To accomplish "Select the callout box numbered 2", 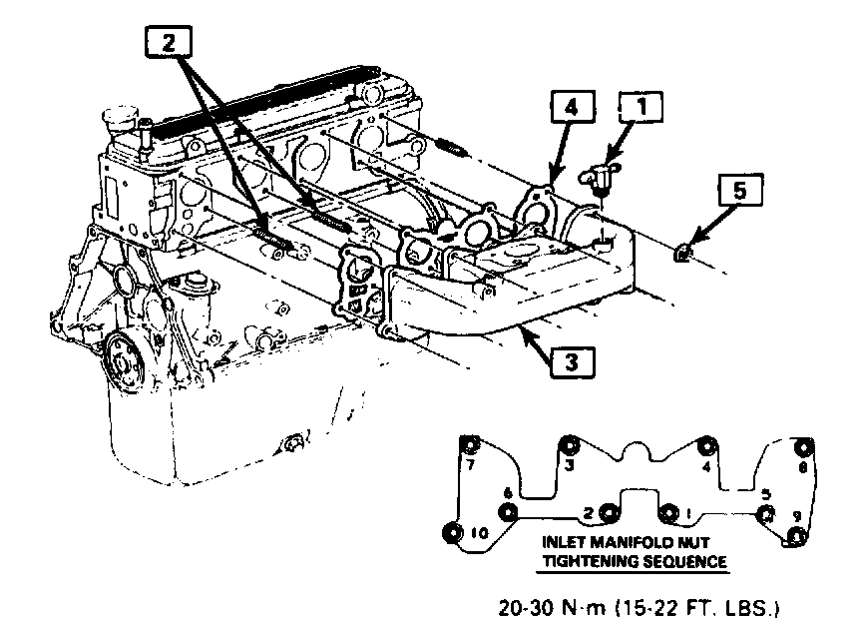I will coord(171,42).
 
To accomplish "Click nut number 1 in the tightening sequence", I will coord(668,515).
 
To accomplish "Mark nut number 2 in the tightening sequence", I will coord(608,513).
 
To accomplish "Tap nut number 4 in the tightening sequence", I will coord(707,446).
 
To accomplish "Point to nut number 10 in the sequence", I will coord(453,532).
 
